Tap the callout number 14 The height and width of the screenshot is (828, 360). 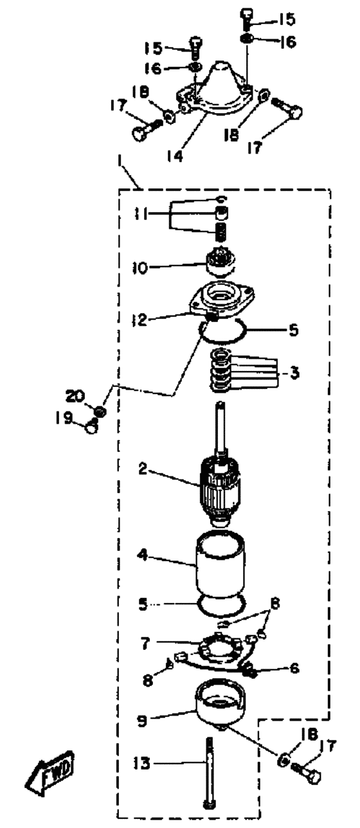(x=174, y=156)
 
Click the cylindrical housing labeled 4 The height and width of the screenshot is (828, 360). (x=220, y=561)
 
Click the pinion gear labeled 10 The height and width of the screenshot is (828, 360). (x=221, y=262)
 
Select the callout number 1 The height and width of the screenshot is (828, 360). (x=120, y=161)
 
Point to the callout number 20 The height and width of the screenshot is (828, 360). (x=76, y=396)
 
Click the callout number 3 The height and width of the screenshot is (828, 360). (x=294, y=373)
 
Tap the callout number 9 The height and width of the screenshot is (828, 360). (x=142, y=721)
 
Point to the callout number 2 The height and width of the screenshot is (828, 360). (x=143, y=469)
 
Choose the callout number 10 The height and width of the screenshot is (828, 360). (x=140, y=267)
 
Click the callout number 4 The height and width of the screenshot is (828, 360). (x=142, y=555)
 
